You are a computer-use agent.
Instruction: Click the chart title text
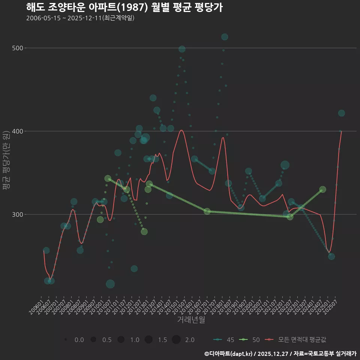[x=124, y=7]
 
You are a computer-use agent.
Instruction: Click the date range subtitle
[x=80, y=18]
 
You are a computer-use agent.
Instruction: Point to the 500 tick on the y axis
[x=18, y=48]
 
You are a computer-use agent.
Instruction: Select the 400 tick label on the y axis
[x=18, y=131]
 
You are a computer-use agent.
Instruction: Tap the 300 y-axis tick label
[x=18, y=214]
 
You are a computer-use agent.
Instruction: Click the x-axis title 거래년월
[x=191, y=320]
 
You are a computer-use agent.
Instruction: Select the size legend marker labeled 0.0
[x=66, y=340]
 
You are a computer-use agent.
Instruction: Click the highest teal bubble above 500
[x=225, y=37]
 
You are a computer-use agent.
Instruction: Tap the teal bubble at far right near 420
[x=341, y=113]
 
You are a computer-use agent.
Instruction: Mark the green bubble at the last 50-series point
[x=322, y=189]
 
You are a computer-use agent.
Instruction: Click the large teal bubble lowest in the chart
[x=110, y=284]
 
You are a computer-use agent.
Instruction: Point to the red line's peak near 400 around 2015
[x=181, y=130]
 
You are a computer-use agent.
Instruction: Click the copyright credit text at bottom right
[x=280, y=353]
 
